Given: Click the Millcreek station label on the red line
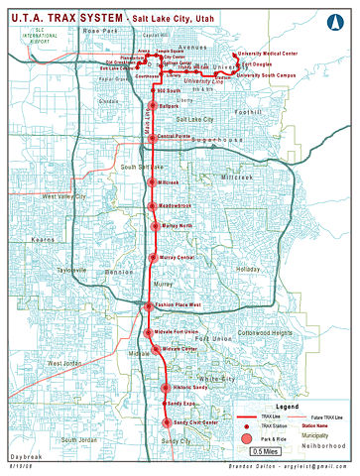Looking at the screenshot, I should click(168, 183).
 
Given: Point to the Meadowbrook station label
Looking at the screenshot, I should click(177, 206).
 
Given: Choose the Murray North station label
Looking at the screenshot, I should click(176, 225).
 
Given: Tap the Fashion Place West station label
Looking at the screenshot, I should click(179, 305).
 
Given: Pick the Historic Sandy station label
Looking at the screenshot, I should click(188, 387).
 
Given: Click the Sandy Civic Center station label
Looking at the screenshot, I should click(188, 422).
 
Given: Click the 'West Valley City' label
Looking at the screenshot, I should click(64, 196).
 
